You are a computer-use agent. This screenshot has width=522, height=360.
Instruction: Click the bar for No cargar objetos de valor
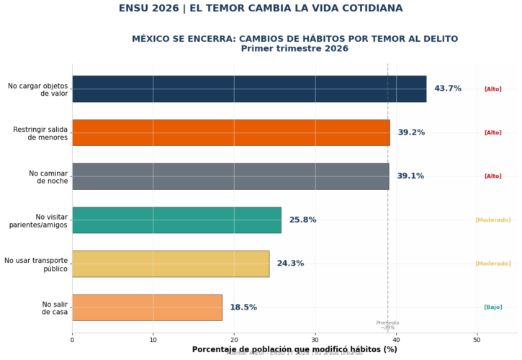[248, 89]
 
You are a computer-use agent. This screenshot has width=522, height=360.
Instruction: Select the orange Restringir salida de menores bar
[230, 132]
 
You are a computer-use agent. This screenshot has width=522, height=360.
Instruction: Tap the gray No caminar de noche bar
[230, 176]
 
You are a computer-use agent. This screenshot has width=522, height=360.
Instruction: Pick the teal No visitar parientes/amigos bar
[176, 220]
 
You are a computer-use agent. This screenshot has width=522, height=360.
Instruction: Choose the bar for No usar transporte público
[171, 264]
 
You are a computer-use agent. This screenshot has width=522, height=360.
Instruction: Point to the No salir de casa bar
[147, 307]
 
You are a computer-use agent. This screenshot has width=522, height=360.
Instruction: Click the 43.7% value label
[447, 89]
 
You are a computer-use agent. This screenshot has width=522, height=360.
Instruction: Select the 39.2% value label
[411, 132]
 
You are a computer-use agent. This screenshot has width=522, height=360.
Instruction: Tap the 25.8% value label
[302, 220]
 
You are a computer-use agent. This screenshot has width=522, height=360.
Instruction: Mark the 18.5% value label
[243, 307]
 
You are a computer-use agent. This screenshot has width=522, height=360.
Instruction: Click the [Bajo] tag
[492, 307]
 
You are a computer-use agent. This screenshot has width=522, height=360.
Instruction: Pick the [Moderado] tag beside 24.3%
[492, 264]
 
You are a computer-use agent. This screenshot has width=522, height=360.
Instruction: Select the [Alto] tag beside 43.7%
[492, 89]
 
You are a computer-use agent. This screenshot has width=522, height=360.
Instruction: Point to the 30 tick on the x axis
[315, 338]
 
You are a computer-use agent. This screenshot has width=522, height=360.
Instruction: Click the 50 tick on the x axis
[477, 338]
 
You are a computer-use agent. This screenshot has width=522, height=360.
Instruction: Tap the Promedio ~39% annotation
[387, 325]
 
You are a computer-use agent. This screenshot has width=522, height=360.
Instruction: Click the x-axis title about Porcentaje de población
[294, 349]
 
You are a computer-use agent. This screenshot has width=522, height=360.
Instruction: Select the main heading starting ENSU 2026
[261, 9]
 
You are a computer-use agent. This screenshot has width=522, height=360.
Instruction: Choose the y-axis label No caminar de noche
[48, 176]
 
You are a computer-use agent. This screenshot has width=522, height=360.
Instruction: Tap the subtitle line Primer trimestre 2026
[294, 49]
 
